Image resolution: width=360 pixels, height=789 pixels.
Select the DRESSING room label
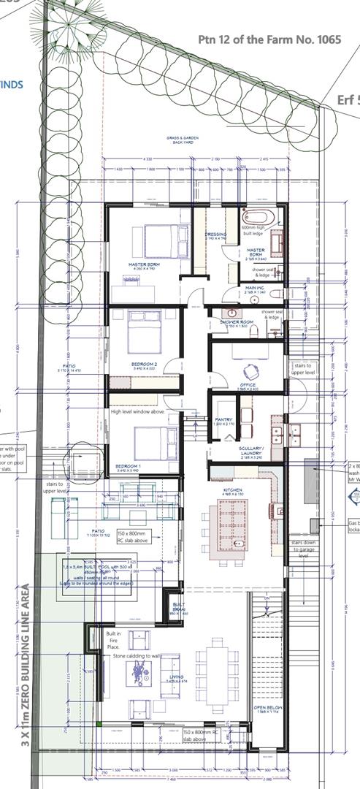(215, 236)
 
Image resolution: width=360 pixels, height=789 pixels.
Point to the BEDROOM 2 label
(145, 364)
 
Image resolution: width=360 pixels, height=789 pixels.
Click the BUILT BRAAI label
(179, 606)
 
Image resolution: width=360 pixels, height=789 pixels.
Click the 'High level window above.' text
(139, 412)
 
